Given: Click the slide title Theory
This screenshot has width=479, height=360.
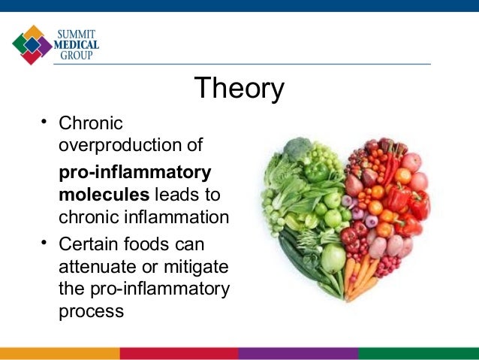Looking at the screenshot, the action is click(x=239, y=88).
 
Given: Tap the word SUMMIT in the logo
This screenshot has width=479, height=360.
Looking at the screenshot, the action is click(x=76, y=34).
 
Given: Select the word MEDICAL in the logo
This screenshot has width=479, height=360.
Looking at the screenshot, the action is click(x=77, y=44).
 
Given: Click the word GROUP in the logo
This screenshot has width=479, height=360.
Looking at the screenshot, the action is click(x=77, y=55).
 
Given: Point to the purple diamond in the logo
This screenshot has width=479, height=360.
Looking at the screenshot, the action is click(x=45, y=47).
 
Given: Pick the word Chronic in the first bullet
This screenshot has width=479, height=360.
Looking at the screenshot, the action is click(x=91, y=123).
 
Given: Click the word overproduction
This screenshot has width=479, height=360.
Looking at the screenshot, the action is click(x=120, y=145).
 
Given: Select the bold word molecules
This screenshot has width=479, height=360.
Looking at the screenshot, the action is click(x=104, y=195).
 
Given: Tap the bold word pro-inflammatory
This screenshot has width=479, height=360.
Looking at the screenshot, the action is click(x=135, y=173).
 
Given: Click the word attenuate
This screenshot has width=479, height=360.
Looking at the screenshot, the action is click(x=98, y=267).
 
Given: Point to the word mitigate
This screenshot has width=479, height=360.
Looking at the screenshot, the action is click(x=196, y=267).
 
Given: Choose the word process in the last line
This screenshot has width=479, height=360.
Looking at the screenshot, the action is click(x=92, y=312).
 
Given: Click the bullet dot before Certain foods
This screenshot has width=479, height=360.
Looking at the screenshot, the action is click(x=44, y=243).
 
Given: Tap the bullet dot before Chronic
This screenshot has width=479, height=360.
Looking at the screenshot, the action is click(x=44, y=122).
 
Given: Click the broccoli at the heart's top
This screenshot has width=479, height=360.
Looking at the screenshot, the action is click(x=297, y=149).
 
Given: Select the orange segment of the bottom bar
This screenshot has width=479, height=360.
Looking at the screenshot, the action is click(x=60, y=353).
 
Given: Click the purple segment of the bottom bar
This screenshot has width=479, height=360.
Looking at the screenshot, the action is click(x=298, y=353).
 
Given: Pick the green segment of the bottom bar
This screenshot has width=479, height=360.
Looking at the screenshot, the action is click(x=418, y=353).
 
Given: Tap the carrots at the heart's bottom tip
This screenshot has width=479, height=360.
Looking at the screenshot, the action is click(x=358, y=278).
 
